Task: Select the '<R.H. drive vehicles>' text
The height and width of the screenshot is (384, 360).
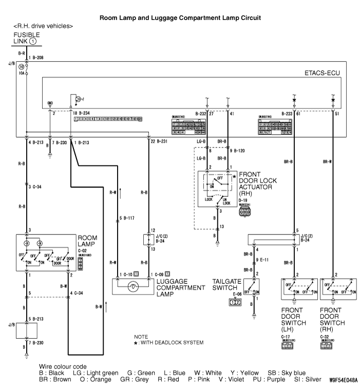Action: pyautogui.click(x=43, y=26)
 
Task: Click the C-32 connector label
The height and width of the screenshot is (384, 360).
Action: pyautogui.click(x=325, y=336)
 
